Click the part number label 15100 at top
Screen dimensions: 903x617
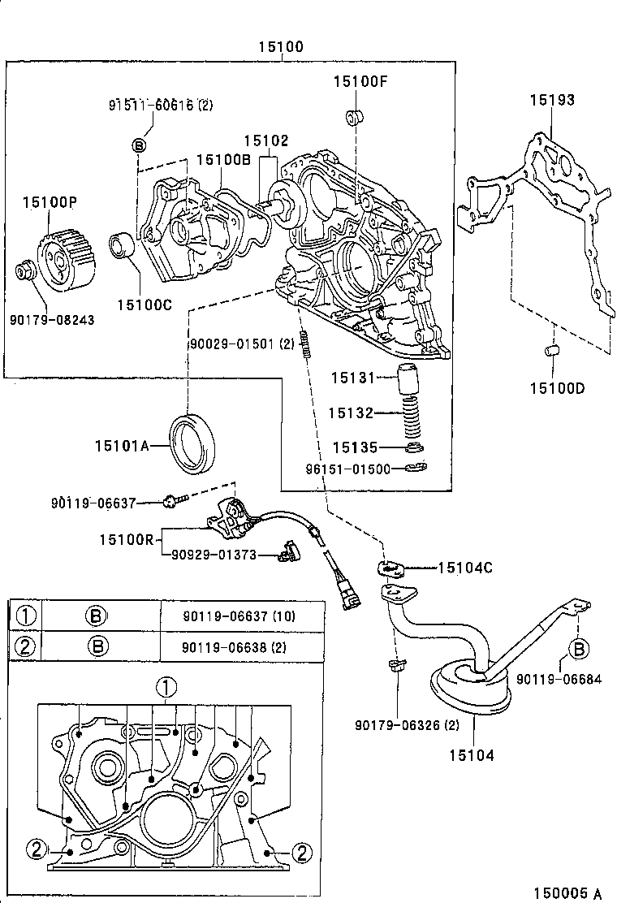pyautogui.click(x=281, y=47)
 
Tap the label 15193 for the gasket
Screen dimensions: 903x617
pyautogui.click(x=552, y=100)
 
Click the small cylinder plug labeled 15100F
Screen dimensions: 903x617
pyautogui.click(x=354, y=116)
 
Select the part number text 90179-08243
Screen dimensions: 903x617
pyautogui.click(x=52, y=320)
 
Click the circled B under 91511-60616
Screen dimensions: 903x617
pyautogui.click(x=139, y=145)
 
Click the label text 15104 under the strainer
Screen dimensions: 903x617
pyautogui.click(x=471, y=755)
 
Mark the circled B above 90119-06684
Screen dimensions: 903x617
pyautogui.click(x=578, y=649)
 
